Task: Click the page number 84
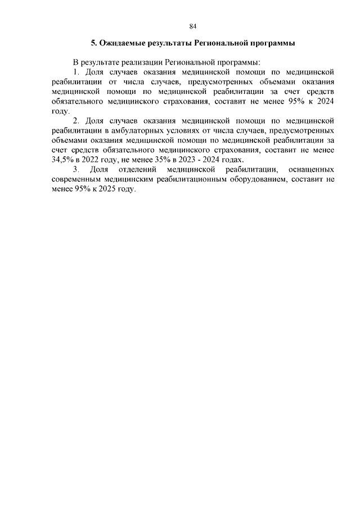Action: point(192,26)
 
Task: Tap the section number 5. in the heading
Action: point(94,43)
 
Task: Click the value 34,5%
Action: point(62,160)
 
